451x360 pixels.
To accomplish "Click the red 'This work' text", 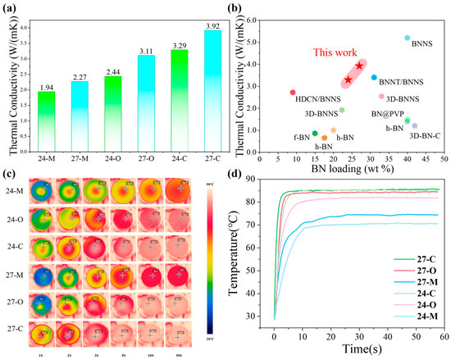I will click(x=306, y=52).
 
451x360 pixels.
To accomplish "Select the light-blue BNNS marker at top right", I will click(x=408, y=39).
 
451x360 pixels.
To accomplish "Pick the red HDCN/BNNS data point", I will click(x=293, y=93).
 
